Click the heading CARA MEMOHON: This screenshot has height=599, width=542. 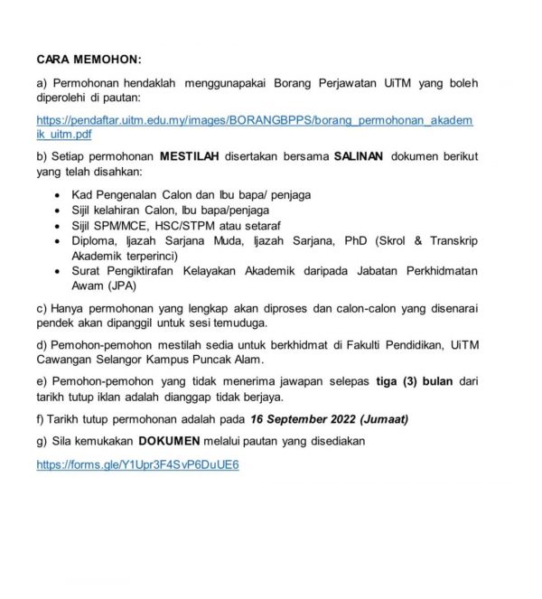click(89, 60)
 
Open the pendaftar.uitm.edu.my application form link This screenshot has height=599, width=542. click(253, 119)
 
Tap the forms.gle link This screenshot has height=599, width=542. click(137, 464)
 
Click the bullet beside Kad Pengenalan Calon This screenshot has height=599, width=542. click(60, 195)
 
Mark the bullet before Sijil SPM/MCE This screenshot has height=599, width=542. click(60, 226)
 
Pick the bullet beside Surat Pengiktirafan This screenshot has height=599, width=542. click(60, 272)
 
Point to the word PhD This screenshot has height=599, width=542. click(342, 241)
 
